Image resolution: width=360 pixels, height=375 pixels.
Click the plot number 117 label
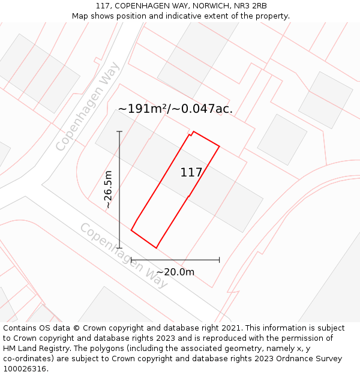tap(191, 173)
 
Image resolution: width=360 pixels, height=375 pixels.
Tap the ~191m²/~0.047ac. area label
tap(175, 109)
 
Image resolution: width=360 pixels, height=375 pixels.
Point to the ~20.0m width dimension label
tap(175, 272)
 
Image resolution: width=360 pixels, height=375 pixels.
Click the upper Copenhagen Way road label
tap(88, 106)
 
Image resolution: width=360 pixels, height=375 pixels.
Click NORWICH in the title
tap(206, 6)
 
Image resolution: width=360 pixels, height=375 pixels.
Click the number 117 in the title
tap(103, 6)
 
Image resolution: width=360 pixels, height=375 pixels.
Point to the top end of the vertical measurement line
tap(119, 131)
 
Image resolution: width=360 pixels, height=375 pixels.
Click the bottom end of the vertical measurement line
tap(119, 248)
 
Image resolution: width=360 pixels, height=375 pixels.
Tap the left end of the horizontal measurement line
tap(131, 260)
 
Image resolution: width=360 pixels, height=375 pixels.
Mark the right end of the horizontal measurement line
tap(220, 260)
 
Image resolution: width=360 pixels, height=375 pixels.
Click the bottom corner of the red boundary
tap(156, 248)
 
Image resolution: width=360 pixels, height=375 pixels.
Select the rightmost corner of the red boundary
tap(220, 146)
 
